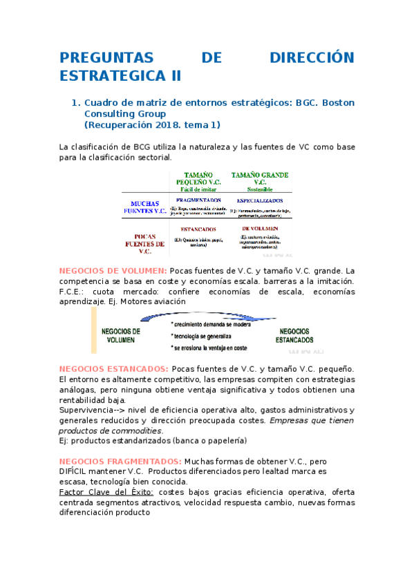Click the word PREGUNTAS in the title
coord(111,57)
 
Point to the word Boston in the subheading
coord(339,103)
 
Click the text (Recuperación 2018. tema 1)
coord(152,125)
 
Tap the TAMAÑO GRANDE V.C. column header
coord(260,182)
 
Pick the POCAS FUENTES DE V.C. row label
coord(144,243)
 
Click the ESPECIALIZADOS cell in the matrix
coord(260,200)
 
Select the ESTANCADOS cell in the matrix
coord(198,229)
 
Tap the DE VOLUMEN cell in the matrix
coord(260,227)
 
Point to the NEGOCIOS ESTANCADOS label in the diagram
coord(294,335)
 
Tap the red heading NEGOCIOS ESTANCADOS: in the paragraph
coord(114,369)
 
